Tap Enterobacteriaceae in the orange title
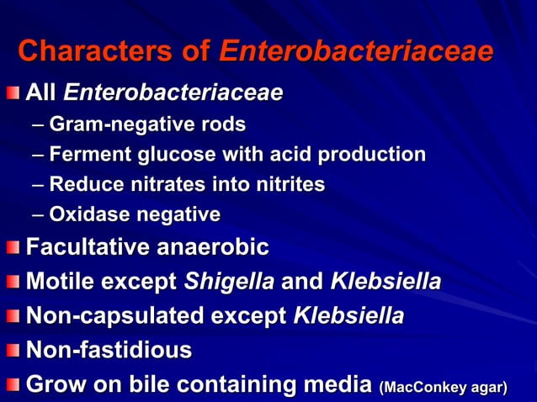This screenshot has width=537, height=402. coord(355,52)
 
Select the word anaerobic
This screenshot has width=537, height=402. coord(217,248)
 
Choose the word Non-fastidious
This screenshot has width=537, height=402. coord(109,350)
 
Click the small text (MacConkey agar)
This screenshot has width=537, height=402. coord(444,387)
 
